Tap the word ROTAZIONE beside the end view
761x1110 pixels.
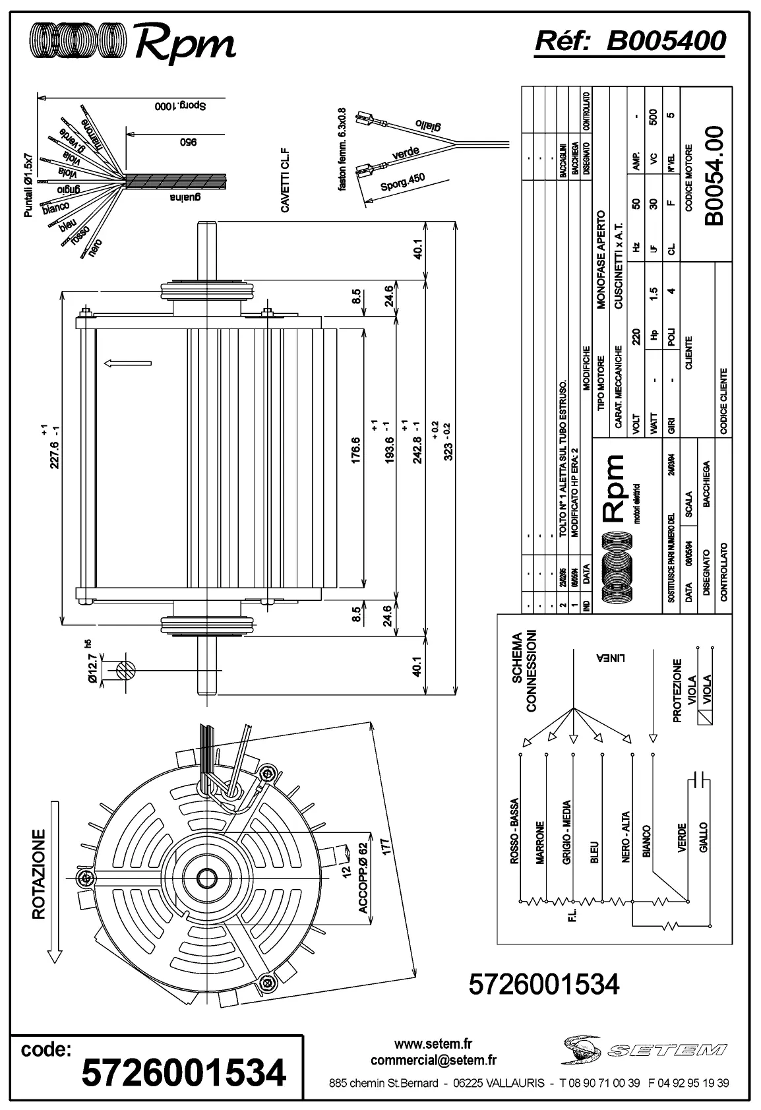coord(39,873)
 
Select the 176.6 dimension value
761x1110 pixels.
coord(356,450)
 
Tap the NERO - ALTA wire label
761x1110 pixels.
coord(625,836)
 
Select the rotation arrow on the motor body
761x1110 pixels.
coord(127,363)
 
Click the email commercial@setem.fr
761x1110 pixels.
coord(433,1061)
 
